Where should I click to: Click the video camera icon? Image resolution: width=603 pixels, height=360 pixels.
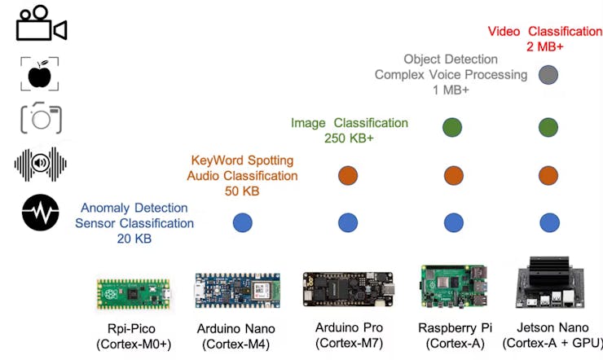tap(41, 24)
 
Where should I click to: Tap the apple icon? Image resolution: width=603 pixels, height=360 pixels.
tap(38, 75)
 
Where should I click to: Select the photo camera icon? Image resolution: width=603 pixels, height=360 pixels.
tap(41, 119)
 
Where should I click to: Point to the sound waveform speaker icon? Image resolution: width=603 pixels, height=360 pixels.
tap(40, 165)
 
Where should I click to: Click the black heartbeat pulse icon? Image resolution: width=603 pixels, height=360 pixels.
tap(40, 214)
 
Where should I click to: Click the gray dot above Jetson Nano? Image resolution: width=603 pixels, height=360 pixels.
tap(548, 75)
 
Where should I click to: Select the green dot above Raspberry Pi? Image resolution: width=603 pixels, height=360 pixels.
tap(452, 127)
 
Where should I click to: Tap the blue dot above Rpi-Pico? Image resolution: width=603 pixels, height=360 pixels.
tap(242, 222)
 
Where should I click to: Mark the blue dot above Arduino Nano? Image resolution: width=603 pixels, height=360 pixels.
tap(348, 222)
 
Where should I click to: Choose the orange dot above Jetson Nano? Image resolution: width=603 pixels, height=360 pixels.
tap(548, 175)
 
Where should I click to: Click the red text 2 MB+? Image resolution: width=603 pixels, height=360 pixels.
tap(545, 47)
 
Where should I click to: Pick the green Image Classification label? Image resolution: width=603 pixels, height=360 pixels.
tap(349, 123)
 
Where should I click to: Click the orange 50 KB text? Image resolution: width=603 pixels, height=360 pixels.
tap(242, 191)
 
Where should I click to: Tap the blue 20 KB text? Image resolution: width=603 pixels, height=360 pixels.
tap(134, 239)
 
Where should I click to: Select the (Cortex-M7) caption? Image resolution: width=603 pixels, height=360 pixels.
tap(349, 345)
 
